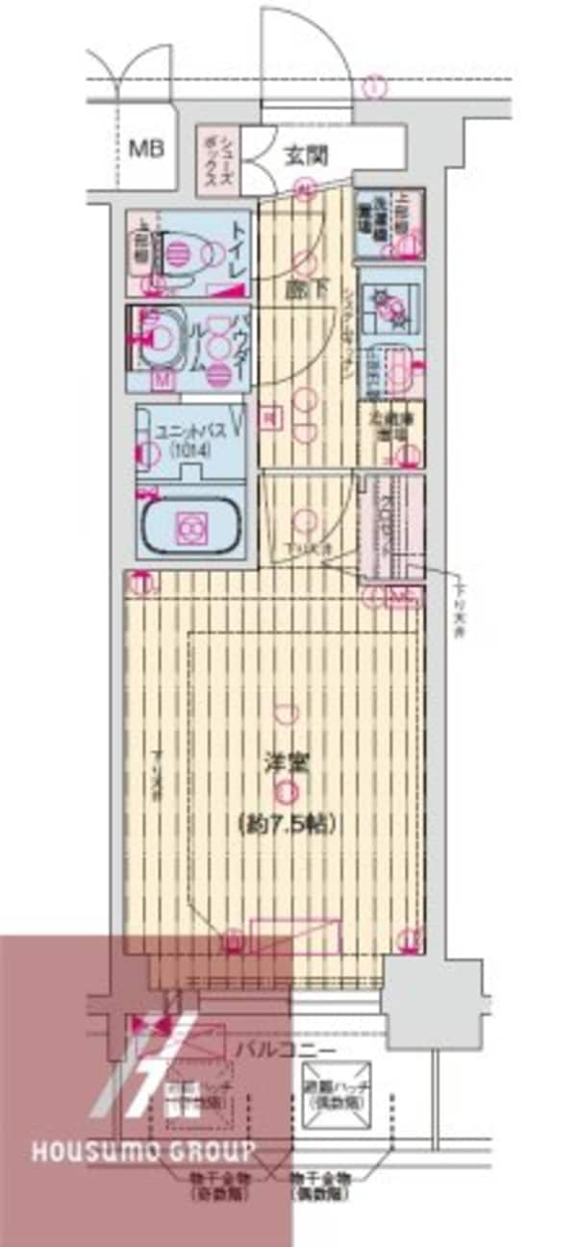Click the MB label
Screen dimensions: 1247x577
coord(147,149)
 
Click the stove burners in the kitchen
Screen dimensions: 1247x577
coord(393,306)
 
